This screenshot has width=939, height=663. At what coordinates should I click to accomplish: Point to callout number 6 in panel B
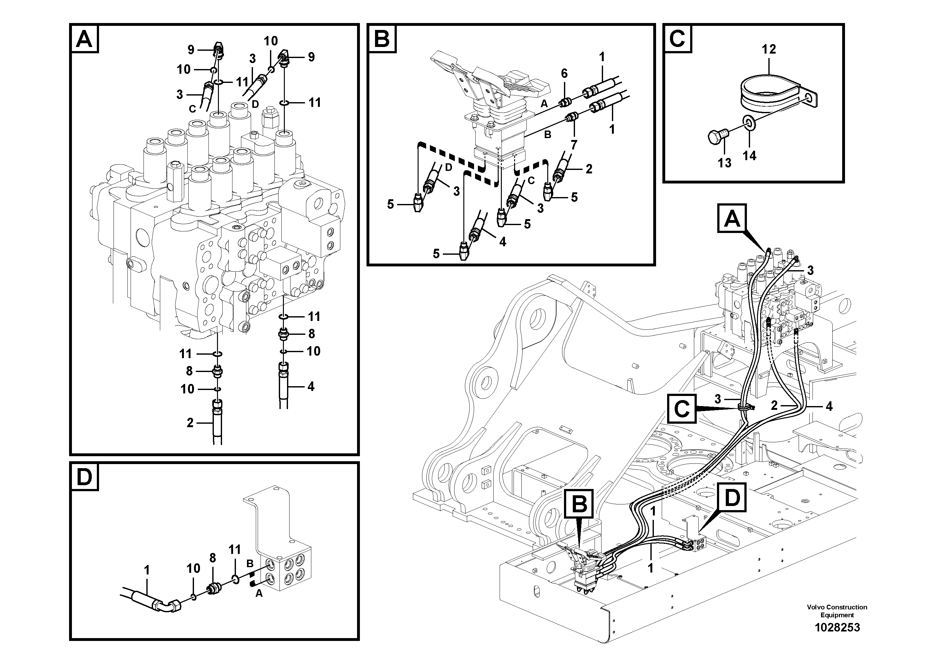(564, 73)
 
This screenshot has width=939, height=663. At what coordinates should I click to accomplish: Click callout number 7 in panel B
(574, 145)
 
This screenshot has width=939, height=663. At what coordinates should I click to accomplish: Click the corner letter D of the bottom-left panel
(85, 477)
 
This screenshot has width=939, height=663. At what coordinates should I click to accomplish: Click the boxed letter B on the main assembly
(579, 504)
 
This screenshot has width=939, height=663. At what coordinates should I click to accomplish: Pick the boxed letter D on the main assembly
(732, 498)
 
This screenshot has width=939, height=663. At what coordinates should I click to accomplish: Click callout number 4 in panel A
(311, 386)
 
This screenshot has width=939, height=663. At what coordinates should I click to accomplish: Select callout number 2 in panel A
(190, 423)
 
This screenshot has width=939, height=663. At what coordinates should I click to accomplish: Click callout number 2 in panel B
(589, 169)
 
